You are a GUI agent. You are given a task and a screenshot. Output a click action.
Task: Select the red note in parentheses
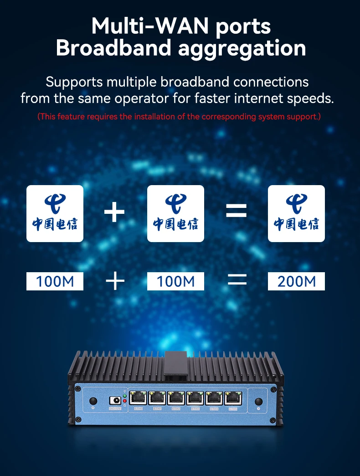tap(179, 117)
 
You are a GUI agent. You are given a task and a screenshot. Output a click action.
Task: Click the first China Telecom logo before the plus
tap(55, 213)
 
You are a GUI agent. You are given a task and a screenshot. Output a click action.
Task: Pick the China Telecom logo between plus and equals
tap(175, 213)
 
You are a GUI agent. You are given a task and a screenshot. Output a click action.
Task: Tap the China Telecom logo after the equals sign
tap(296, 213)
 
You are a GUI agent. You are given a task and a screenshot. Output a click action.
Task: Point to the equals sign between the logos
tap(236, 211)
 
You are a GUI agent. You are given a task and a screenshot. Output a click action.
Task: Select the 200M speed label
tap(296, 281)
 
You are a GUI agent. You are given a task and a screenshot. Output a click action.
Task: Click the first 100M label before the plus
tap(55, 281)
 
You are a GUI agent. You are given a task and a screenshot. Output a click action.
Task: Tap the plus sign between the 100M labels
tap(115, 281)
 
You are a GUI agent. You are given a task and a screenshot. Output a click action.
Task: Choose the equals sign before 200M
tap(237, 281)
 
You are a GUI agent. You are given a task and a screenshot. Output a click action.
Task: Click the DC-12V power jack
tap(116, 401)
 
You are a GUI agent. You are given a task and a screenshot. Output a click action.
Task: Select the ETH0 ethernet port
tap(138, 398)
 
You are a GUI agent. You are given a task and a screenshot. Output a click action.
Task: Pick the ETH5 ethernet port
tap(233, 398)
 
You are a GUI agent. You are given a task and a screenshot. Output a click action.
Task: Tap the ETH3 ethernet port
tap(195, 398)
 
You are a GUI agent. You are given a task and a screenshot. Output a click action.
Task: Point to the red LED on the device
tap(125, 400)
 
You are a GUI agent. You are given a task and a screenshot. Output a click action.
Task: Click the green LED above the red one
tap(125, 395)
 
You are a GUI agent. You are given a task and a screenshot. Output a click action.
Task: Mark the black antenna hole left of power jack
tap(93, 401)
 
